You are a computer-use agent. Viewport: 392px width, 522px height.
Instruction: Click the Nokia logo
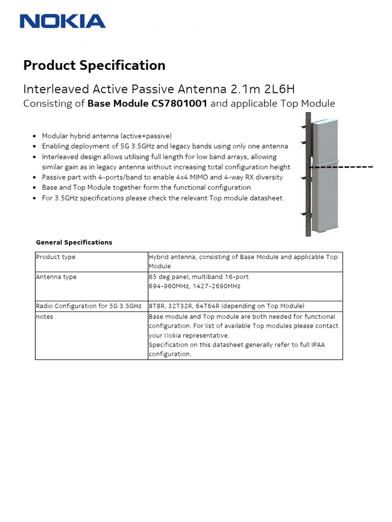pyautogui.click(x=62, y=21)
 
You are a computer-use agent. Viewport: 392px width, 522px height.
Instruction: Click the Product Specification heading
pyautogui.click(x=94, y=65)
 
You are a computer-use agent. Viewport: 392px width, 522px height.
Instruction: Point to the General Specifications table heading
pyautogui.click(x=74, y=242)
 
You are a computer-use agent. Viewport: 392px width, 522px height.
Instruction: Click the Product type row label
pyautogui.click(x=56, y=257)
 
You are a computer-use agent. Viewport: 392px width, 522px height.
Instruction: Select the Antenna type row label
pyautogui.click(x=56, y=277)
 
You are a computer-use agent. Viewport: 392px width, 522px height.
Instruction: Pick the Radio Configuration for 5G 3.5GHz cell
pyautogui.click(x=88, y=306)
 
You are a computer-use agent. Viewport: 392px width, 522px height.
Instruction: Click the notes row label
pyautogui.click(x=44, y=317)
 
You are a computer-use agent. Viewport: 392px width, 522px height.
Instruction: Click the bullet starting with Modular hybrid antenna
pyautogui.click(x=107, y=136)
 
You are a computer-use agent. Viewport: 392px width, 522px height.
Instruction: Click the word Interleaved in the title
pyautogui.click(x=56, y=89)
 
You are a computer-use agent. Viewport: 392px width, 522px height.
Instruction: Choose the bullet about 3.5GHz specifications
pyautogui.click(x=162, y=198)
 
